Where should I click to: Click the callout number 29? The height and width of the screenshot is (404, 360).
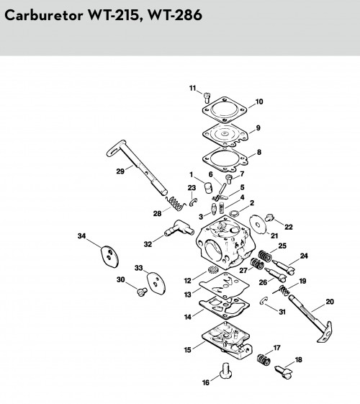tap(120, 171)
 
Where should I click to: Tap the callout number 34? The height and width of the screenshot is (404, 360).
tap(81, 235)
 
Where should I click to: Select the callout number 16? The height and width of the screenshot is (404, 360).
tap(206, 382)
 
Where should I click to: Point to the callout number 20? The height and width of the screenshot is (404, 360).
tap(330, 302)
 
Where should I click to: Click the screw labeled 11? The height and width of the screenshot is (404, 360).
tap(207, 97)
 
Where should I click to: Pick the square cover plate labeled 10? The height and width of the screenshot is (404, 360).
tap(225, 110)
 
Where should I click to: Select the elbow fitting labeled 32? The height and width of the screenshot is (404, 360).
tap(179, 228)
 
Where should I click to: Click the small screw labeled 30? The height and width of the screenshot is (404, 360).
tap(141, 292)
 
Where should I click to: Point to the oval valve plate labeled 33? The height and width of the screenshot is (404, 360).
tap(156, 284)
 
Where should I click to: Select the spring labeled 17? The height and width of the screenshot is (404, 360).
tap(264, 359)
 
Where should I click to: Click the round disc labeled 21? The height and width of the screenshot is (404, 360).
tap(257, 225)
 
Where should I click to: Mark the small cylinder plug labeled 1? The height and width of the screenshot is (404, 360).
tap(208, 187)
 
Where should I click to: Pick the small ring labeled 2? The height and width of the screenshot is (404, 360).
tap(234, 213)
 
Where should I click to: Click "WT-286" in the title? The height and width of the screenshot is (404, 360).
tap(174, 15)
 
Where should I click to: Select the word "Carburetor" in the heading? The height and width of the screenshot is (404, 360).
tap(44, 15)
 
